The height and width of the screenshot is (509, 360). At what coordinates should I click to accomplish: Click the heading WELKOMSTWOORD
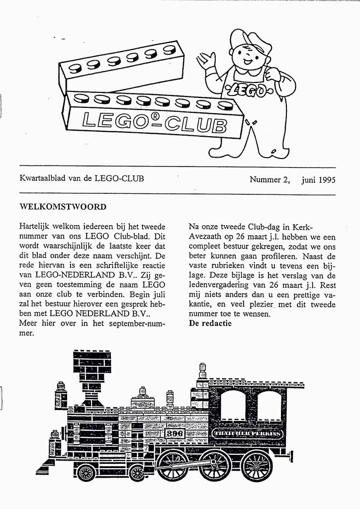point(63,206)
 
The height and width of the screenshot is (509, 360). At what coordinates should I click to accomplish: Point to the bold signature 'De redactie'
point(210,324)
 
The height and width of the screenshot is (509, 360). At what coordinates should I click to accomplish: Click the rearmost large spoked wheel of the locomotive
point(257,466)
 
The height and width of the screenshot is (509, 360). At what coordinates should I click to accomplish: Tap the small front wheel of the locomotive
point(86,472)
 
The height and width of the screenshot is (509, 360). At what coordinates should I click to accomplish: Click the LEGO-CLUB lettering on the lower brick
point(154,122)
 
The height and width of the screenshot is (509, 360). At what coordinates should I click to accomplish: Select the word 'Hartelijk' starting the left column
point(35,226)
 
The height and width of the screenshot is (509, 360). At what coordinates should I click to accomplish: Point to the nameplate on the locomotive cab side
point(248,434)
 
